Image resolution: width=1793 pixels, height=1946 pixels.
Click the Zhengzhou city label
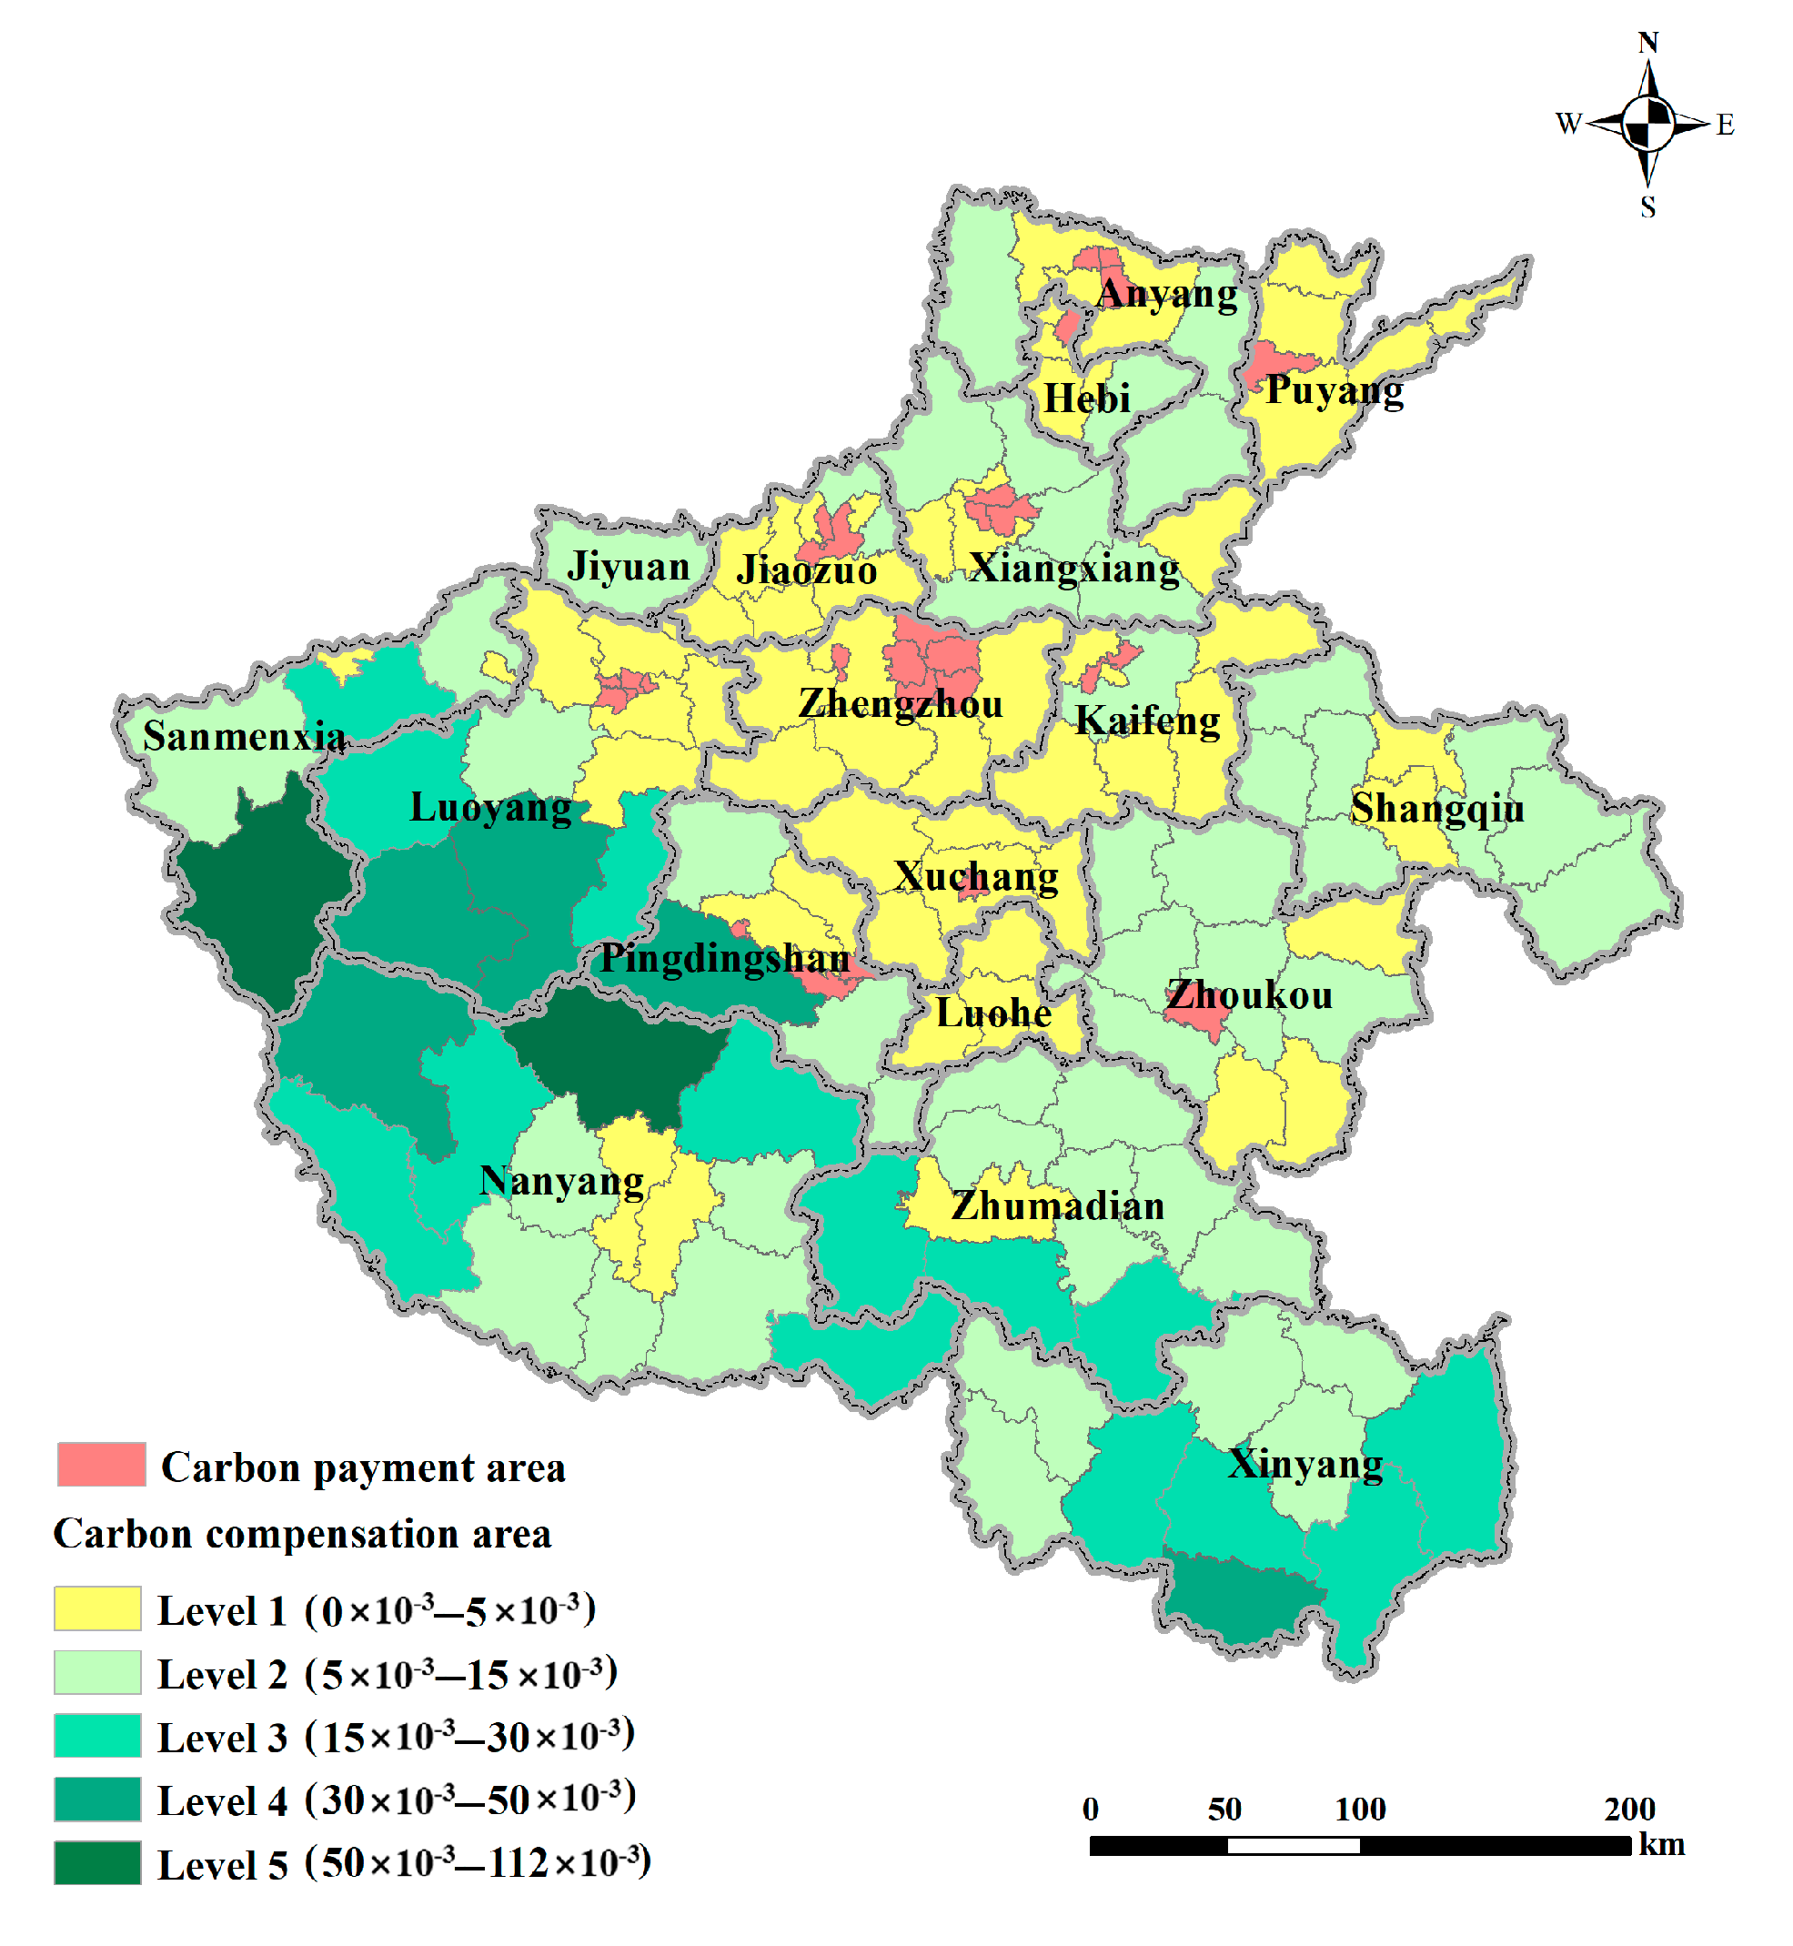pos(900,704)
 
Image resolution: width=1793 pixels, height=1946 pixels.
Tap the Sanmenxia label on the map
pos(244,737)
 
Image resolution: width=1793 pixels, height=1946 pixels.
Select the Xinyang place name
pos(1305,1465)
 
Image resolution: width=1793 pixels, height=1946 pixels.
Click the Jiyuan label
pos(628,567)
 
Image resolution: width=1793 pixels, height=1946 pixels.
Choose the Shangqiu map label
pos(1437,808)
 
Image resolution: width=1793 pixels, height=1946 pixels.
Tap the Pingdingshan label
pos(725,959)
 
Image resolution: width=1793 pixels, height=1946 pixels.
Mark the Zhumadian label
pos(1058,1205)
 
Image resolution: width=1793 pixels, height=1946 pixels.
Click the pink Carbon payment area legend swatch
pos(101,1465)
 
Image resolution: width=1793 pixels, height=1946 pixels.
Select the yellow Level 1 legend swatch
pos(97,1608)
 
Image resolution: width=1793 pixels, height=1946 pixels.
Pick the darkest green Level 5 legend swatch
pos(97,1862)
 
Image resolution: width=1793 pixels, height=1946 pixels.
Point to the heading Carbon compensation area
pos(302,1535)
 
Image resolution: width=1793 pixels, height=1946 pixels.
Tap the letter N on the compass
pos(1647,44)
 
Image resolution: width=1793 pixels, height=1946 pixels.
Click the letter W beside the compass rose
pos(1568,124)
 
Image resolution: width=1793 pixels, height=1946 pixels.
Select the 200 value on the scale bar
pos(1629,1810)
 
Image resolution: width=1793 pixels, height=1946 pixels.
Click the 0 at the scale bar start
pos(1091,1810)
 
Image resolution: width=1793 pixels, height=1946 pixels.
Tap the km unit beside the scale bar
pos(1661,1844)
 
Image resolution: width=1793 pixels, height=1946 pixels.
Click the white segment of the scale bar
pos(1293,1846)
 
